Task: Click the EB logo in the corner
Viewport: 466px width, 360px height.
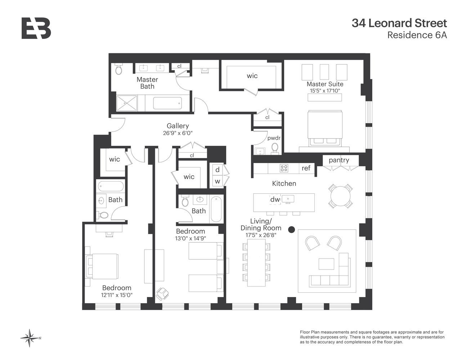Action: point(36,28)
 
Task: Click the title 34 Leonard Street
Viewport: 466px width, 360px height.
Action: point(399,23)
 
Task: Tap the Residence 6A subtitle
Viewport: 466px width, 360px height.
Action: point(417,35)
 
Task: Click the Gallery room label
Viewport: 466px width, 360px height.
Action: point(178,126)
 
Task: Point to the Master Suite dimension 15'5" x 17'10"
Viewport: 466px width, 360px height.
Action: point(324,91)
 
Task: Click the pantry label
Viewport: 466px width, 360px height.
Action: point(339,160)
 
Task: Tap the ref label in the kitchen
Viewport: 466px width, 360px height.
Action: point(306,168)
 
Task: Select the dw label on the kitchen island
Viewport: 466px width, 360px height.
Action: point(275,199)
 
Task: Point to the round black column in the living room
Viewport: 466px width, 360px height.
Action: point(292,229)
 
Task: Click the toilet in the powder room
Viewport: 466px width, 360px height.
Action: point(275,148)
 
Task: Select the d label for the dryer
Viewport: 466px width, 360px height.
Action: point(217,170)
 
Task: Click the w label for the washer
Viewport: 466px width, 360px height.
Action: point(217,181)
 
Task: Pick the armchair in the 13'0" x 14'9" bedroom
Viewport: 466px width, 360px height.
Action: point(162,293)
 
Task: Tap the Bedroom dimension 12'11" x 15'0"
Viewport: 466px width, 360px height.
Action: point(117,295)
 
